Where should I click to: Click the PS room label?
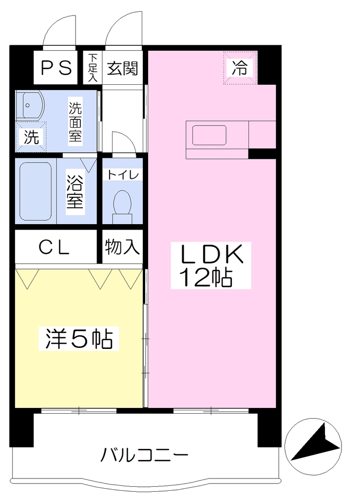pyautogui.click(x=57, y=68)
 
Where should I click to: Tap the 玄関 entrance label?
pyautogui.click(x=122, y=68)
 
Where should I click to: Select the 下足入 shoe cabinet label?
pyautogui.click(x=93, y=68)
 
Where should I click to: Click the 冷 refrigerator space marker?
pyautogui.click(x=240, y=68)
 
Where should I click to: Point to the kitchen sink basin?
pyautogui.click(x=209, y=135)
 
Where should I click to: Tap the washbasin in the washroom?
pyautogui.click(x=30, y=106)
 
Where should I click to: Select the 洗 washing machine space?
pyautogui.click(x=31, y=137)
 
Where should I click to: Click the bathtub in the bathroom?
pyautogui.click(x=36, y=191)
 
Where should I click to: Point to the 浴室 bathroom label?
pyautogui.click(x=75, y=192)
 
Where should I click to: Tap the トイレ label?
pyautogui.click(x=123, y=175)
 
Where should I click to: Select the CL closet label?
pyautogui.click(x=54, y=247)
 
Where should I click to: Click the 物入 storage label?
pyautogui.click(x=122, y=247)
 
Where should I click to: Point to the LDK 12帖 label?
pyautogui.click(x=211, y=266)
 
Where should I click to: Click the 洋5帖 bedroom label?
pyautogui.click(x=79, y=339)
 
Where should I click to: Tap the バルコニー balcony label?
pyautogui.click(x=145, y=455)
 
